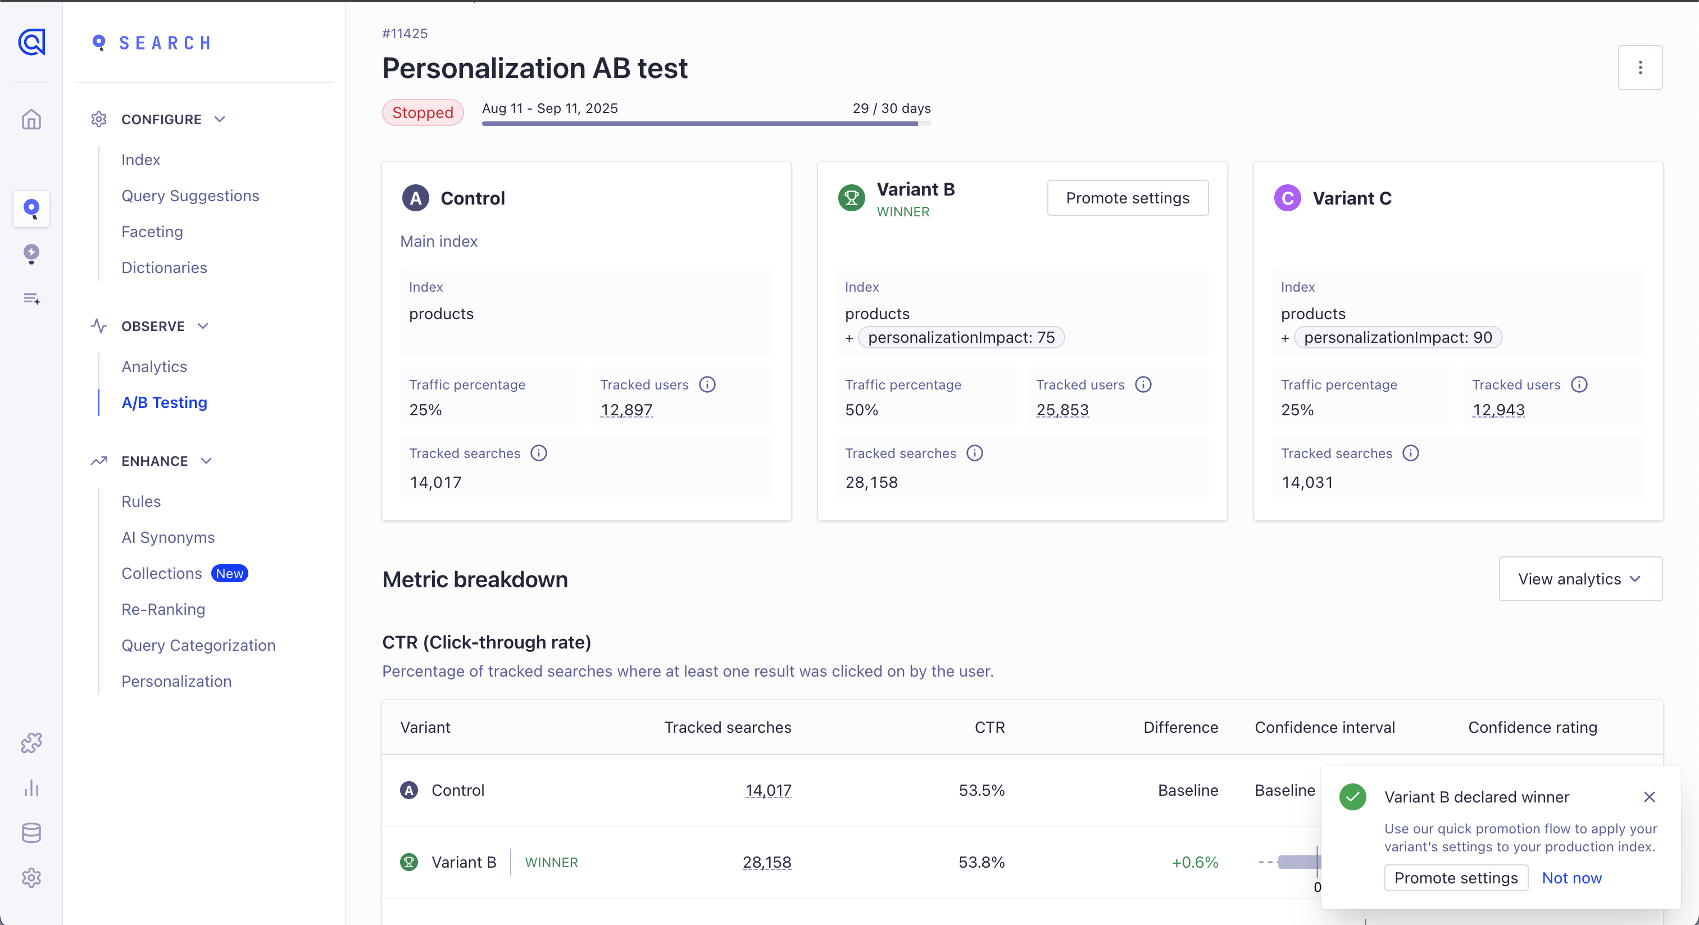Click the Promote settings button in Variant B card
click(1127, 198)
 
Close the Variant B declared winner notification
click(1649, 797)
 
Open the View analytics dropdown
click(1580, 579)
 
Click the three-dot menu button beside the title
click(1639, 67)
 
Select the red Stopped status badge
click(423, 112)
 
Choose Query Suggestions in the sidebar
click(190, 196)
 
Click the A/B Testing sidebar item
click(164, 402)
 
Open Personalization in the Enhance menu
click(176, 681)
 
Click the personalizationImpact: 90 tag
click(1398, 338)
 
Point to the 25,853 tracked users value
click(1062, 410)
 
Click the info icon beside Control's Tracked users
click(707, 384)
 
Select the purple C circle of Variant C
click(1287, 198)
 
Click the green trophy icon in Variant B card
click(851, 198)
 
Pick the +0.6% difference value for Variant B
click(1194, 862)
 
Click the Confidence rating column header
click(1532, 727)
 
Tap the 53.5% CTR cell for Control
click(982, 790)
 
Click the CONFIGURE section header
click(161, 120)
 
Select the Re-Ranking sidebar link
click(163, 609)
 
